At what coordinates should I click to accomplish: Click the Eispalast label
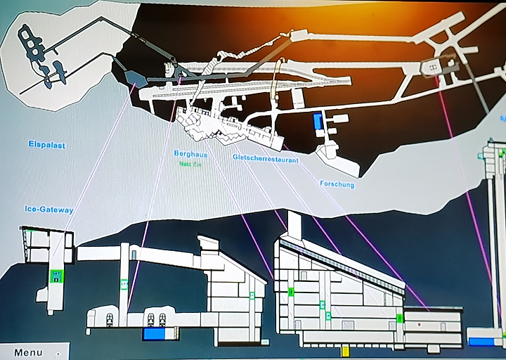click(x=46, y=146)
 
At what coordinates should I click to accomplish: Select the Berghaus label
click(x=189, y=153)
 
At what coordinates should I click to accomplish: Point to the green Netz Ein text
click(x=190, y=163)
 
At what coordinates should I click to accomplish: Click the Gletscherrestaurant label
click(x=265, y=159)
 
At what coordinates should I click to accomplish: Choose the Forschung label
click(x=337, y=185)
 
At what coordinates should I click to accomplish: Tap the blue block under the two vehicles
click(x=153, y=335)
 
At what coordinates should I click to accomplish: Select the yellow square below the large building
click(x=345, y=350)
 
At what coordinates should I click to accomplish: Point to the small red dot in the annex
click(x=417, y=326)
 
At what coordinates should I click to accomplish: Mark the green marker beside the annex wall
click(x=400, y=319)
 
